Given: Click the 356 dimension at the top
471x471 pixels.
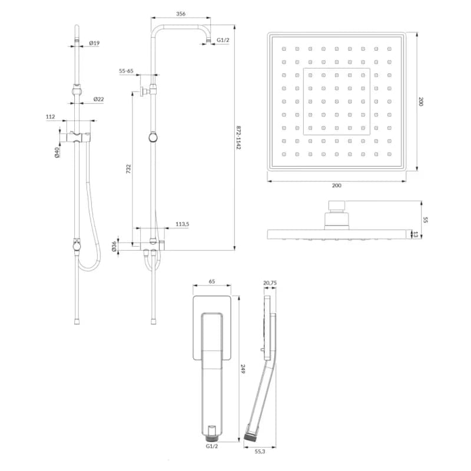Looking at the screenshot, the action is [181, 14].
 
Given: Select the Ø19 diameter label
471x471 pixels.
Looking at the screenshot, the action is [94, 43].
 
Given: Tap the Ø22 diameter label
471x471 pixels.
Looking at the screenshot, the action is [98, 99].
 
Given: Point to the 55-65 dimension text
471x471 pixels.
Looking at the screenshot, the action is [126, 71].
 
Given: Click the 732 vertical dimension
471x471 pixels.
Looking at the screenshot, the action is [128, 169].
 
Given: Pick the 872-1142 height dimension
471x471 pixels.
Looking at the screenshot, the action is [238, 138].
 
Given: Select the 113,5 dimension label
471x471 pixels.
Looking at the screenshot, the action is [183, 224].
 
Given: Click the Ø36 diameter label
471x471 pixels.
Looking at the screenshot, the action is [114, 246].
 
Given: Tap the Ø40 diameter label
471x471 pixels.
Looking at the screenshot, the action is [57, 152].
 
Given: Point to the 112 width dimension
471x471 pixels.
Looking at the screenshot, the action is [51, 117].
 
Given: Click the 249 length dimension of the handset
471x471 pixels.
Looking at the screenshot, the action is [243, 369].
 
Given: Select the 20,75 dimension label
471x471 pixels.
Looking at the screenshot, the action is [270, 283].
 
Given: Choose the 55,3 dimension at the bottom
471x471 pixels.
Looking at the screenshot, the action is [260, 451].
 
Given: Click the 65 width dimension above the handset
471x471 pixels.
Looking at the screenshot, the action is [212, 281].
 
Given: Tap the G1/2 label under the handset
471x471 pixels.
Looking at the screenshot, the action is [212, 446].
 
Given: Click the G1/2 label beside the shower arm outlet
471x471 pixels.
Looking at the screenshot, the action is [223, 39].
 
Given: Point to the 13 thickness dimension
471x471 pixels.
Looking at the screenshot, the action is [416, 234].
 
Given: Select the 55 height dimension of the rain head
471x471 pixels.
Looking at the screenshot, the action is [425, 220].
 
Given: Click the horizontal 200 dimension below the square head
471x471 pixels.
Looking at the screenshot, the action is [336, 185].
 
